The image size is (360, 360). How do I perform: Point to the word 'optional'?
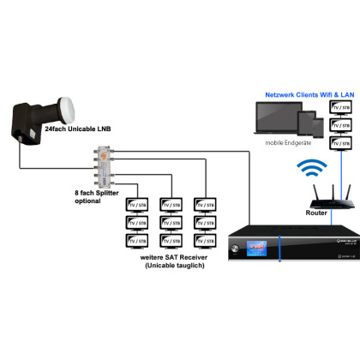[x=90, y=202]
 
